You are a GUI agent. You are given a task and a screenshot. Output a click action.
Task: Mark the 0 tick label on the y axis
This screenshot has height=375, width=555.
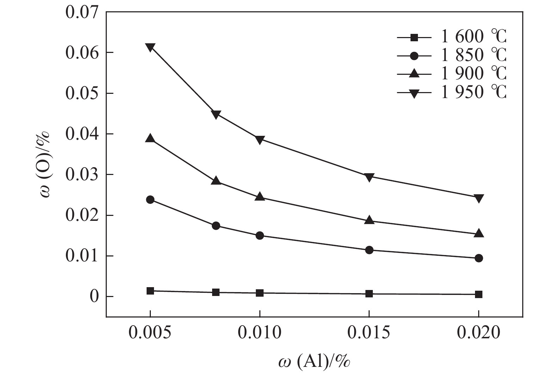click(x=94, y=297)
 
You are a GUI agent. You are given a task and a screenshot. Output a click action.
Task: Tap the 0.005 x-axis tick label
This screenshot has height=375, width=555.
click(x=150, y=333)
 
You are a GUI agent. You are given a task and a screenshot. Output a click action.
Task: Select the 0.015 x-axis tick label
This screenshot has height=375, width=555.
click(x=369, y=333)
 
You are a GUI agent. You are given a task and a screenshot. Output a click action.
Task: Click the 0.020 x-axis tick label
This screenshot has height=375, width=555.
click(x=479, y=333)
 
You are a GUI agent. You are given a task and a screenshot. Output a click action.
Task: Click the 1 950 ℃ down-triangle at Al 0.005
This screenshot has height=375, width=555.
click(x=150, y=47)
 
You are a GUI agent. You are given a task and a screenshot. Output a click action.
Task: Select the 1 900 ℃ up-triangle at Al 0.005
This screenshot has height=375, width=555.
click(x=150, y=138)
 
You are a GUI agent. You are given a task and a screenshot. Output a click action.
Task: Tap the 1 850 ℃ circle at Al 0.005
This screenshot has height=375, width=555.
click(x=150, y=200)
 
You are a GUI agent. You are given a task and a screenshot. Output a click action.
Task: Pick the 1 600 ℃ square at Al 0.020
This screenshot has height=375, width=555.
click(x=479, y=295)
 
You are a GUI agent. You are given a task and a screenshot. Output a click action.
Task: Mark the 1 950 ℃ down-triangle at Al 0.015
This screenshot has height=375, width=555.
click(x=369, y=177)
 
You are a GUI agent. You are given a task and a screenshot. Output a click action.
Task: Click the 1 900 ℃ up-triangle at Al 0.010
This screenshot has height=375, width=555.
click(x=260, y=197)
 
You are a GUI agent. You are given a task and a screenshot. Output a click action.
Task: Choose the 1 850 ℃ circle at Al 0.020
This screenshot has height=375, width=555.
click(x=479, y=258)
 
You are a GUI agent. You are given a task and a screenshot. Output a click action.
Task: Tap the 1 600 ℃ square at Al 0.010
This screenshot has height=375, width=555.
click(x=260, y=293)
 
